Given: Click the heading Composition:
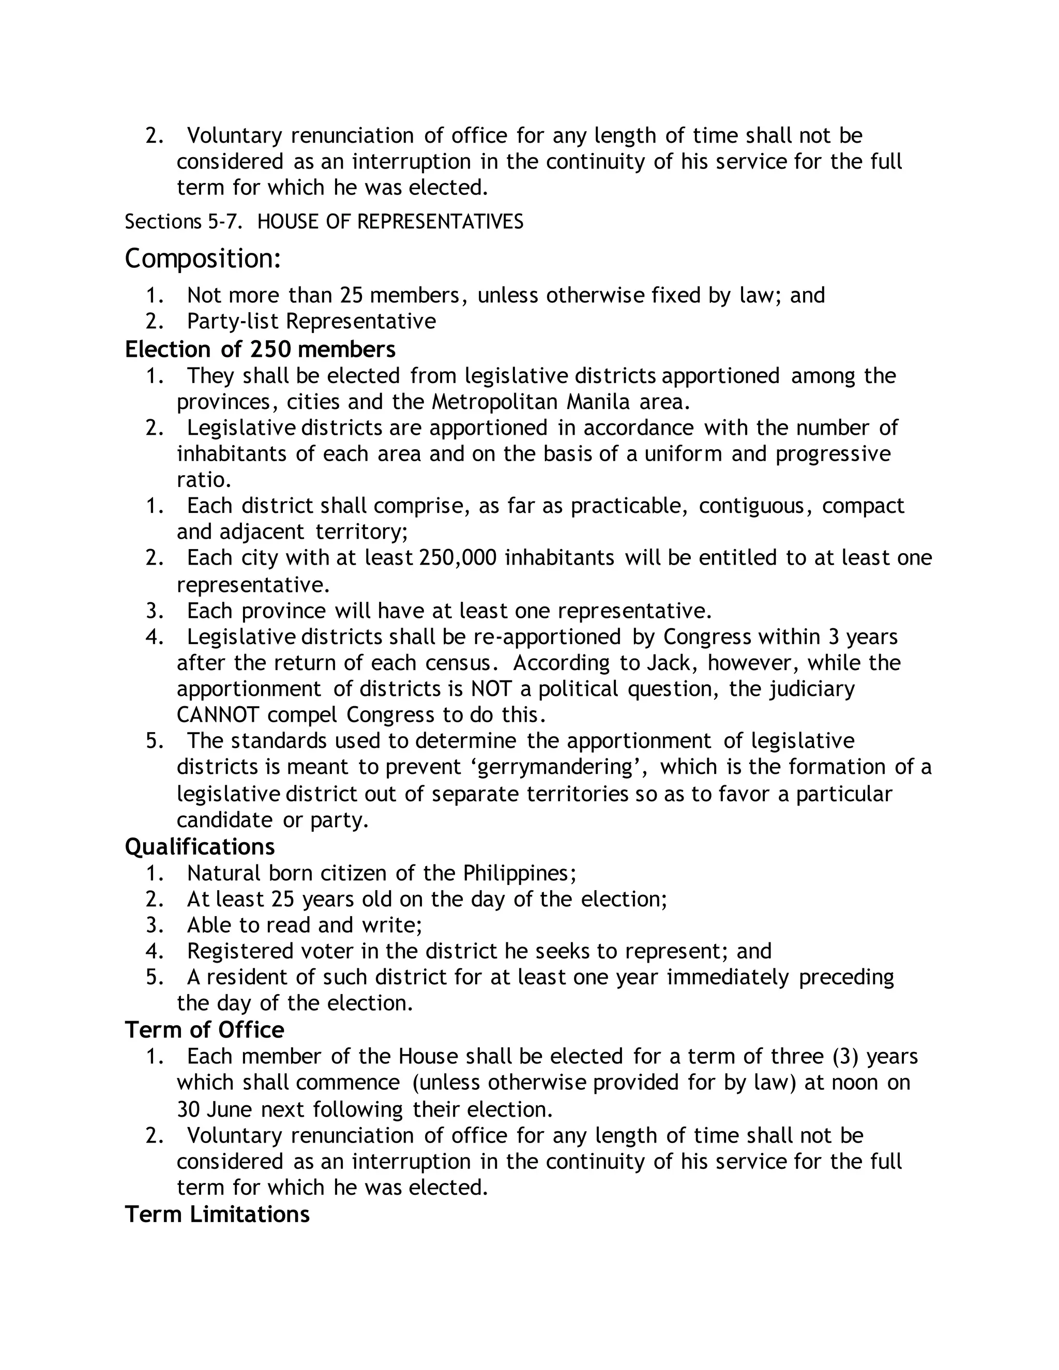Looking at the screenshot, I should click(x=203, y=259).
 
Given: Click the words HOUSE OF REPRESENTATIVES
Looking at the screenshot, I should click(x=390, y=221).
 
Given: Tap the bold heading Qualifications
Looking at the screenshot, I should click(x=200, y=847).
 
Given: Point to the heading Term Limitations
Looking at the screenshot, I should click(x=217, y=1214).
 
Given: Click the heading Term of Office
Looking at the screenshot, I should click(x=205, y=1030).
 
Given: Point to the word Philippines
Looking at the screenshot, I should click(x=518, y=873).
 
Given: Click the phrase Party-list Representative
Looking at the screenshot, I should click(x=311, y=321).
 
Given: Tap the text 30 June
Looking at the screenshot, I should click(x=214, y=1109).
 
